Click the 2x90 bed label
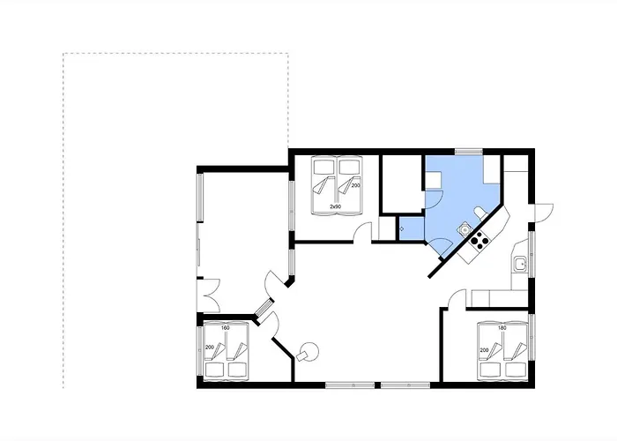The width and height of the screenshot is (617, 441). tap(335, 206)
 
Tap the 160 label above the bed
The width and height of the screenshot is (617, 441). tap(226, 327)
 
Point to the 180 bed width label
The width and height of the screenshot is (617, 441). tap(502, 327)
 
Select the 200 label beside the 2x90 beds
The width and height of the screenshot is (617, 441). tap(356, 185)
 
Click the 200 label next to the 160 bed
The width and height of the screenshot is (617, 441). tap(210, 348)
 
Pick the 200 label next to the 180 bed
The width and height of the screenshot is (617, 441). tap(484, 350)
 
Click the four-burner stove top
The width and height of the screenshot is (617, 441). tap(479, 240)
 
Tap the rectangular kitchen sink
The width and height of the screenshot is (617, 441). tap(520, 264)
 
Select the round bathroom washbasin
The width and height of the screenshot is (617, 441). tap(465, 228)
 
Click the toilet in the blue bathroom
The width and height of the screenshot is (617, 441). tap(480, 213)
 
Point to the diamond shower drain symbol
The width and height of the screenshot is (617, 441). tap(401, 228)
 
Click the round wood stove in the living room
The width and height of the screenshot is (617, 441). tap(308, 352)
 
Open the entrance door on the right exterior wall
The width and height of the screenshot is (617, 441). tap(542, 213)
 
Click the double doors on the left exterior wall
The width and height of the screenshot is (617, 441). tap(208, 295)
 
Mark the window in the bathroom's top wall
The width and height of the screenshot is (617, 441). tap(469, 151)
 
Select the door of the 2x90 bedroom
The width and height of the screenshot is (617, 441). tap(362, 233)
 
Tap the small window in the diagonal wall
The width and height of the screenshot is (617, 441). tap(264, 307)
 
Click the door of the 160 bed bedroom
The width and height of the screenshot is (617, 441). tap(272, 325)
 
